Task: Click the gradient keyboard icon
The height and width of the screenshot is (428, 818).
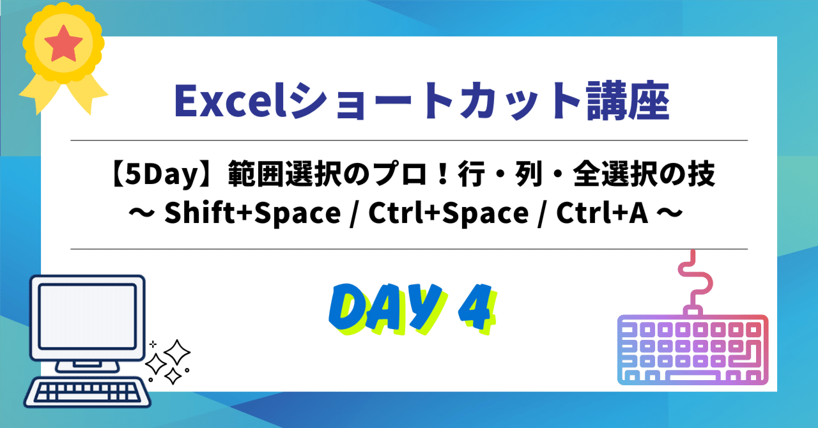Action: pos(692,349)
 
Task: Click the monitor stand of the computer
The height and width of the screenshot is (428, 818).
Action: pos(88,363)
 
